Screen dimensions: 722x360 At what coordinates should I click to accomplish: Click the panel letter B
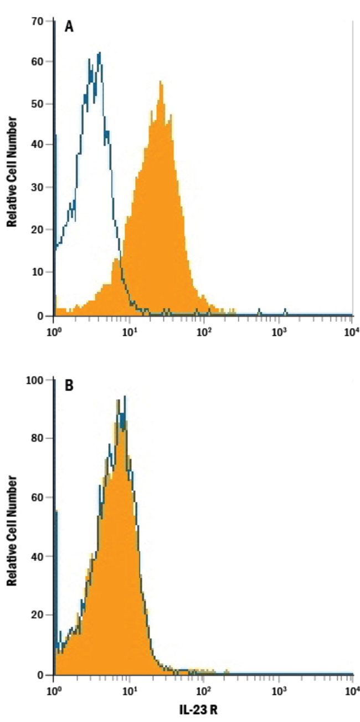tap(69, 386)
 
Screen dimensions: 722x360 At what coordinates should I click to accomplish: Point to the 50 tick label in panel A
tap(38, 104)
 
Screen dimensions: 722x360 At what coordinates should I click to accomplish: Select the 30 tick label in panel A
tap(38, 187)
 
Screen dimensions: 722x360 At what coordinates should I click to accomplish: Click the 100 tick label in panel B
tap(35, 381)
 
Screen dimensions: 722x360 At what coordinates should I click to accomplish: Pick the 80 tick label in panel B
tap(38, 438)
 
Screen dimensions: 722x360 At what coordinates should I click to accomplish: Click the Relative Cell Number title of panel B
tap(11, 529)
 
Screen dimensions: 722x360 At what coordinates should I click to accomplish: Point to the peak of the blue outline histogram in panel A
tap(99, 53)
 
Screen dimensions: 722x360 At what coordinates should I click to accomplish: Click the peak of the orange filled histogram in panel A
tap(160, 82)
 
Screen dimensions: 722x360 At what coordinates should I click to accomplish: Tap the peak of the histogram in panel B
tap(125, 397)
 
